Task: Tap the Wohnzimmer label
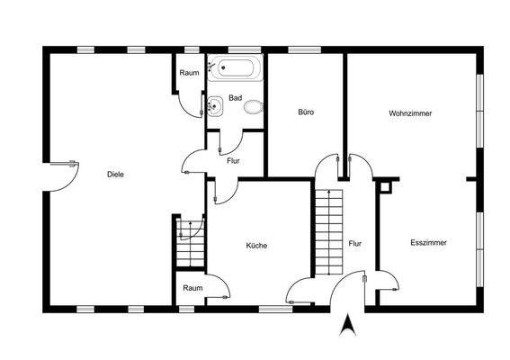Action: (410, 114)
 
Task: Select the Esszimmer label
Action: (428, 242)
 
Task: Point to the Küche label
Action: (257, 245)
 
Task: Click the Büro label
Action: (306, 112)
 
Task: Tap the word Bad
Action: (236, 97)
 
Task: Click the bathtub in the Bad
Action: (236, 67)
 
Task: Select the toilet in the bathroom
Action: (254, 107)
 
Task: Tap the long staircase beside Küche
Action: (329, 229)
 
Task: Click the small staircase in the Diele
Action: (190, 241)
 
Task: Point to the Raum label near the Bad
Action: (189, 73)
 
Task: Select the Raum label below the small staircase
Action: (192, 288)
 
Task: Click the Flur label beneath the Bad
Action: (233, 160)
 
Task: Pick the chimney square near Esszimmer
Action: (386, 187)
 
